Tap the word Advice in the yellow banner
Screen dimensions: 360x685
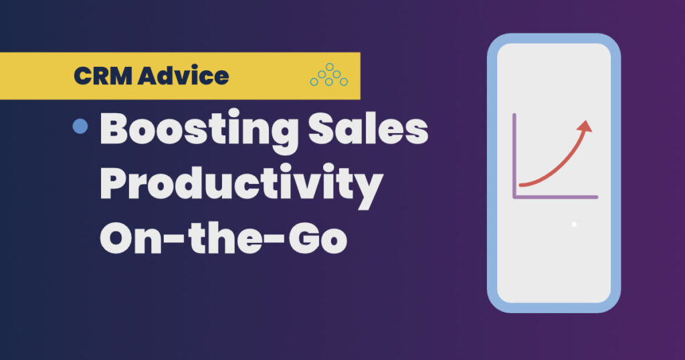(183, 76)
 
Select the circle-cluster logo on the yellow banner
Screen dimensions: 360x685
(328, 76)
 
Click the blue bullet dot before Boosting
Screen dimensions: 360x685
(81, 126)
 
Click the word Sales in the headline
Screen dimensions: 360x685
(378, 131)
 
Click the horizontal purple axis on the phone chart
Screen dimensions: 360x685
(555, 196)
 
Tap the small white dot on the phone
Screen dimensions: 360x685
(574, 224)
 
